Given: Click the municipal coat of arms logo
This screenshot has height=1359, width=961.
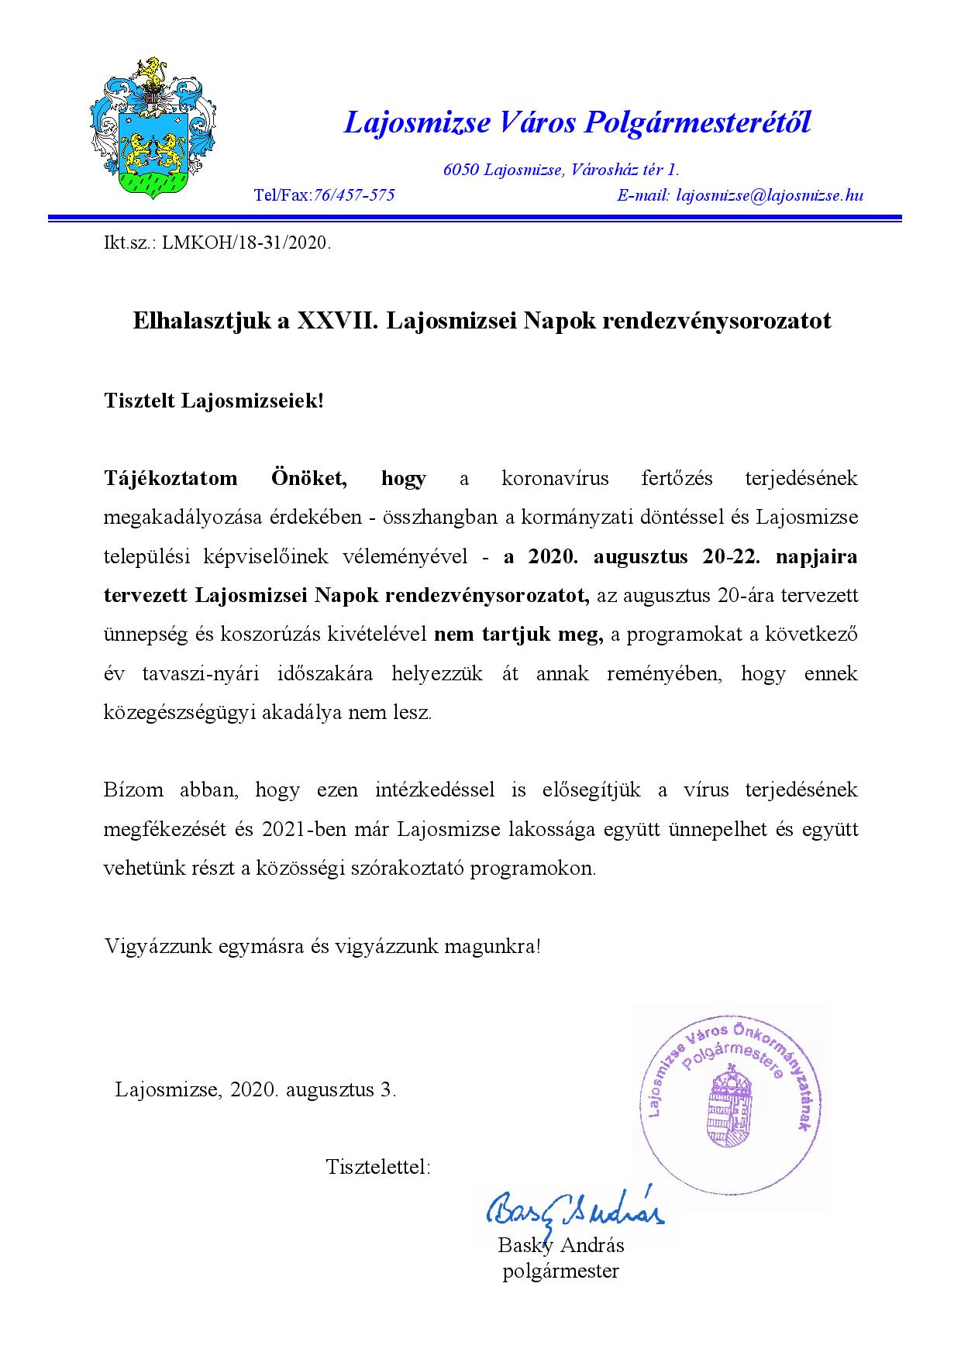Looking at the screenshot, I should click(152, 129).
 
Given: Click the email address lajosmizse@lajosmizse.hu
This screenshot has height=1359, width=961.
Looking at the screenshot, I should click(769, 195).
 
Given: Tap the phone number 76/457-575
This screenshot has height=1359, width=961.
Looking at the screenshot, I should click(353, 195).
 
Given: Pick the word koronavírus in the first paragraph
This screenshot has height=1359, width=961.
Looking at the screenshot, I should click(555, 478).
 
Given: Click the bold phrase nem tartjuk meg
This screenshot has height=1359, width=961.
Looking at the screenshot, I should click(518, 635).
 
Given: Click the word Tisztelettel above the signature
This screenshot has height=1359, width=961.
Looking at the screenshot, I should click(377, 1167).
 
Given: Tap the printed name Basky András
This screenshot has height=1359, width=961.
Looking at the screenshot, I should click(560, 1246).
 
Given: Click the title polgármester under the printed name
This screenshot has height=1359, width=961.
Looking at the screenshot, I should click(560, 1271).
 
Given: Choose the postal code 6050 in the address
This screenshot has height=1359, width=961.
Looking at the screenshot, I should click(460, 170).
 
